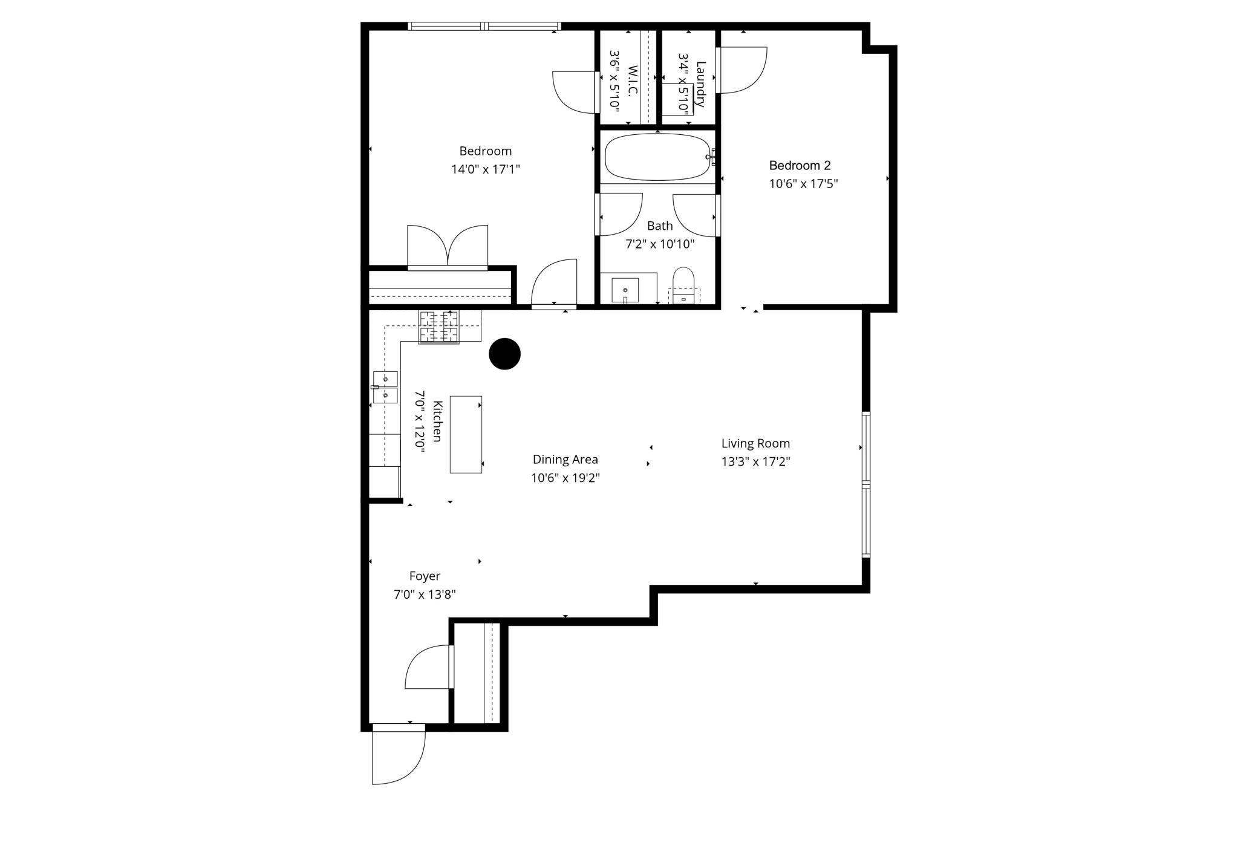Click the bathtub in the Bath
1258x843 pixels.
click(x=657, y=157)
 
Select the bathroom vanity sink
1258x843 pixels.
click(x=625, y=290)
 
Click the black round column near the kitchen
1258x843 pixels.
click(x=504, y=354)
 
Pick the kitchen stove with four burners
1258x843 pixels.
click(x=438, y=327)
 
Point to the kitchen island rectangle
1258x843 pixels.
click(x=466, y=434)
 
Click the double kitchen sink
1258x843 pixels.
click(x=385, y=387)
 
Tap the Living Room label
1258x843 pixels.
click(x=755, y=443)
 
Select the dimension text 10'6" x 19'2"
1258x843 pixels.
click(x=565, y=478)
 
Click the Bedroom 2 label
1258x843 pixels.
click(x=800, y=165)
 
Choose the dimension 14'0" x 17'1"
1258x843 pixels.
click(x=485, y=169)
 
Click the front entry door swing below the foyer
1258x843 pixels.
click(x=396, y=756)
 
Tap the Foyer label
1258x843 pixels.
click(x=425, y=576)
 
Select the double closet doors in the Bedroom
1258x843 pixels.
click(x=448, y=247)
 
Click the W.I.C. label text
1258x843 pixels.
click(x=633, y=81)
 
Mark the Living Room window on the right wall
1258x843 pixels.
click(x=865, y=484)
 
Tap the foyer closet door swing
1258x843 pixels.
click(x=428, y=667)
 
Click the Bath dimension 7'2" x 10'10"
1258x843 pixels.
click(x=659, y=244)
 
